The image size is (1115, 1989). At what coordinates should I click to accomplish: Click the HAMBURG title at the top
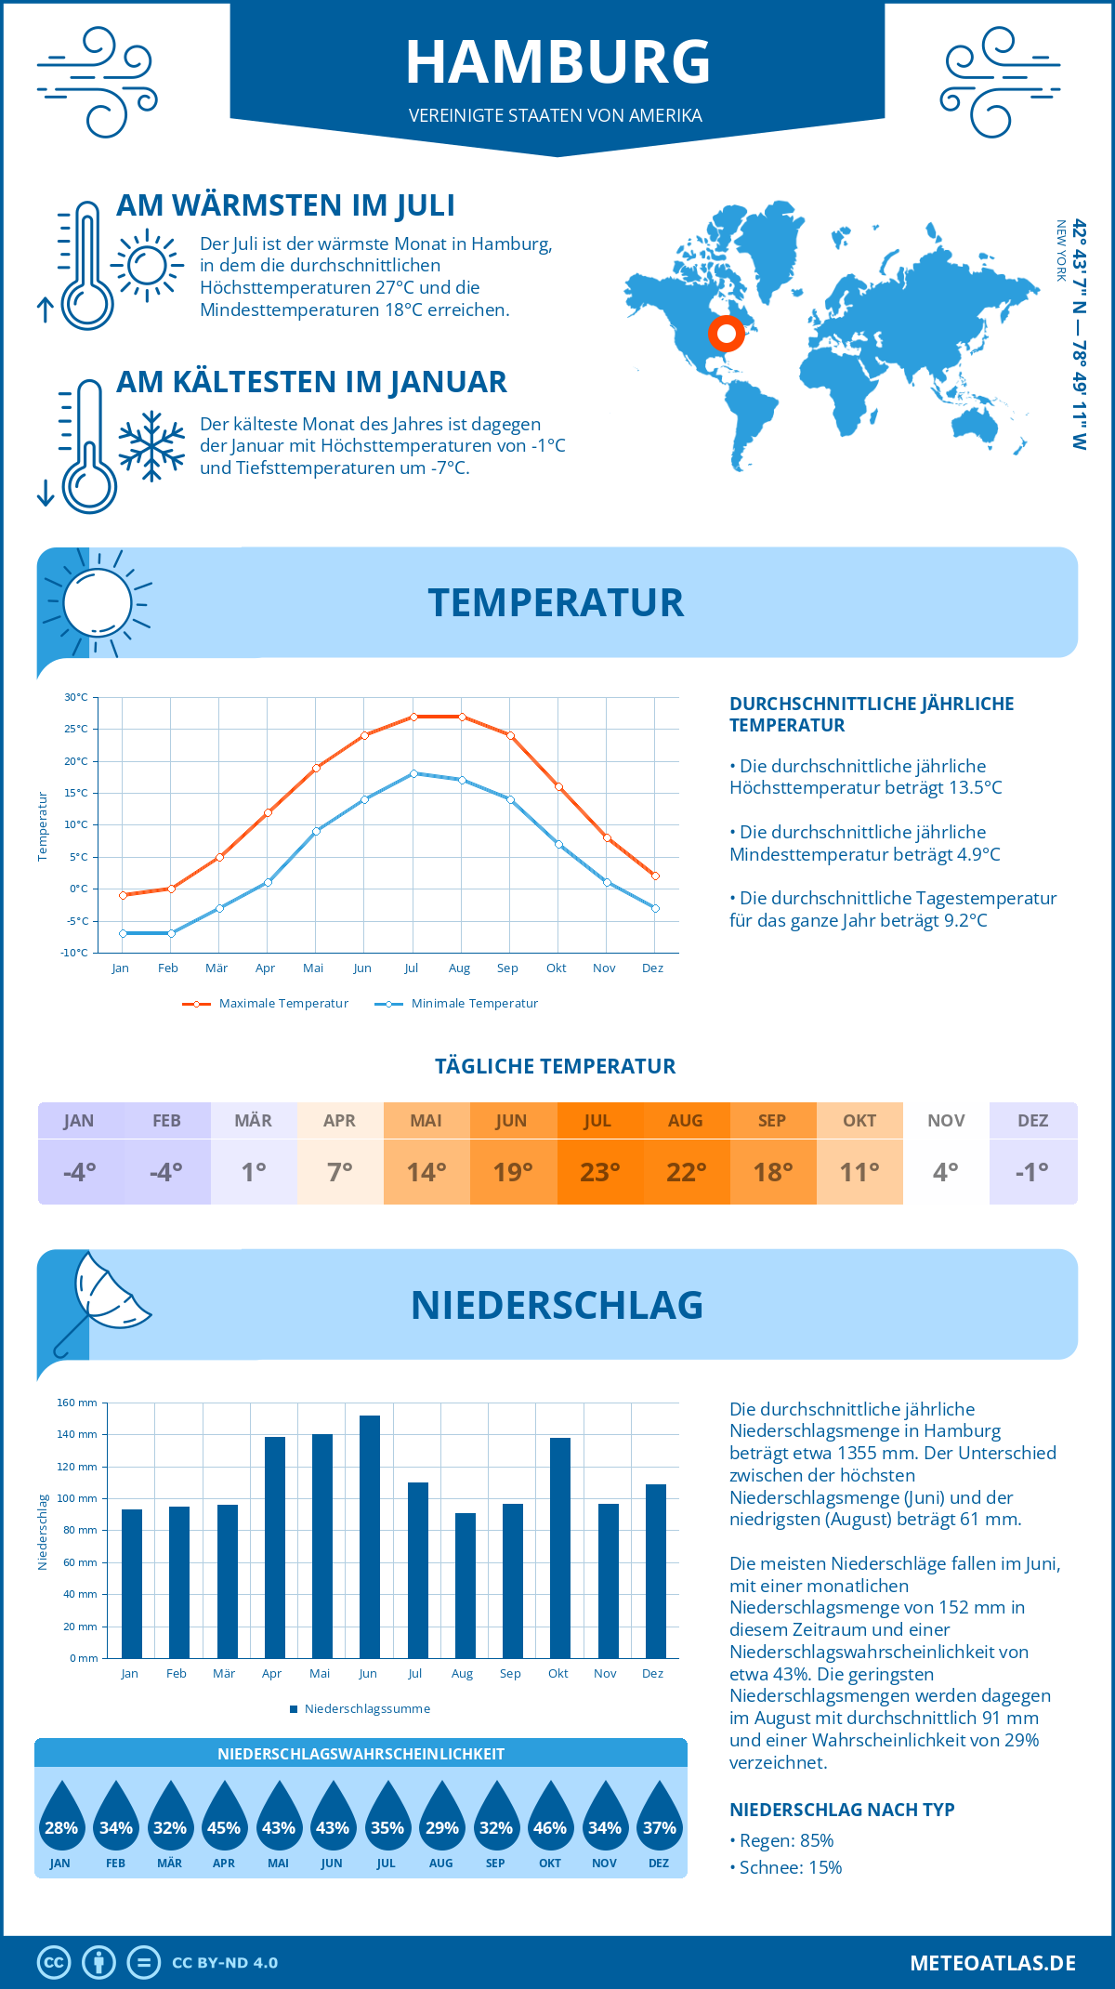pos(557,62)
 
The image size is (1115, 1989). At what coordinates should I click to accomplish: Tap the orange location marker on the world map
pos(726,334)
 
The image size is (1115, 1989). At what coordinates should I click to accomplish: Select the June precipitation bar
pos(370,1536)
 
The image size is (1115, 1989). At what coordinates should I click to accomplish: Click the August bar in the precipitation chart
pos(466,1585)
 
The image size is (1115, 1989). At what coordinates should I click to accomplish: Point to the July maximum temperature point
pos(413,717)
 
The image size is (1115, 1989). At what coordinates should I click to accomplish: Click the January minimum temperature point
pos(123,933)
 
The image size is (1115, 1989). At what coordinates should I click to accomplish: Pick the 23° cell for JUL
pos(599,1172)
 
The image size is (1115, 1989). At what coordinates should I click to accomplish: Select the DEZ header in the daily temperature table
pos(1032,1121)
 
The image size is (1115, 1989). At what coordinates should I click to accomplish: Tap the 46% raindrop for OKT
pos(550,1826)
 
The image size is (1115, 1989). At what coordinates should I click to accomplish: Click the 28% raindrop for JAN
pos(61,1826)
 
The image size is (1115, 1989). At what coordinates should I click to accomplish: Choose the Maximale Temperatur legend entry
pos(266,1004)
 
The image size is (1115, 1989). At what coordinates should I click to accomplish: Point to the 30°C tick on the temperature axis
pos(76,697)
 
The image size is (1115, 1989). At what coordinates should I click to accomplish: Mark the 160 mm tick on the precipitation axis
pos(78,1403)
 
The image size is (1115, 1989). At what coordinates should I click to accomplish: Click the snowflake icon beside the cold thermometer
pos(151,445)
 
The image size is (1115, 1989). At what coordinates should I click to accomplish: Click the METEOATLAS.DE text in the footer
pos(992,1963)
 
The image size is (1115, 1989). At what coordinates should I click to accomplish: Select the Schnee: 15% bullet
pos(789,1867)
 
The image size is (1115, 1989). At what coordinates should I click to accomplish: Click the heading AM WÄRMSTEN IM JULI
pos(285,205)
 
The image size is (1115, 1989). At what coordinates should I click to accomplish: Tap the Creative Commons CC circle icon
pos(54,1963)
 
